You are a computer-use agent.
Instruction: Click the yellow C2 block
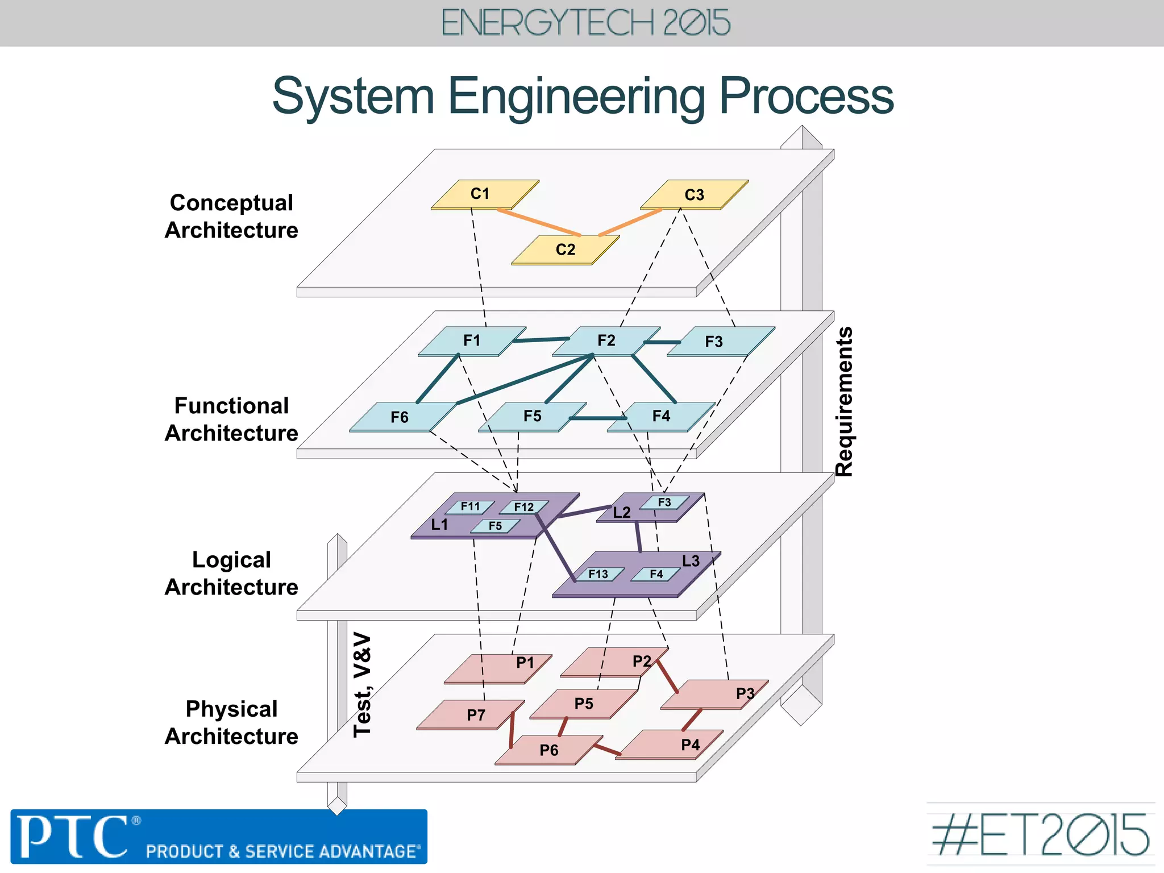[566, 250]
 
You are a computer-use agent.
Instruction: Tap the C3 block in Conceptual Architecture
[694, 195]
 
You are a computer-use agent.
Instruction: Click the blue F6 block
[401, 417]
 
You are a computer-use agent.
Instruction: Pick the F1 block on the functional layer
[472, 341]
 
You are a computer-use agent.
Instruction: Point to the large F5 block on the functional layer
[532, 417]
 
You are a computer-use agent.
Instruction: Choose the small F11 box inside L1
[470, 506]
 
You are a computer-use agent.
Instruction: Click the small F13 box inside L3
[598, 575]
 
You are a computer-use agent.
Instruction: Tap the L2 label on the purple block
[621, 513]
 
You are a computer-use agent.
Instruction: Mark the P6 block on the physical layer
[548, 750]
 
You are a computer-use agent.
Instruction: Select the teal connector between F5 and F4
[597, 418]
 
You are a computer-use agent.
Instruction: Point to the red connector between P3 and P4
[692, 720]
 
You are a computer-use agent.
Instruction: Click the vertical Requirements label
[844, 401]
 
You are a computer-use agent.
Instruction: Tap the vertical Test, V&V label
[362, 685]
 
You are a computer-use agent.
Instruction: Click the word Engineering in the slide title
[576, 97]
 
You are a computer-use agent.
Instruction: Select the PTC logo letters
[74, 837]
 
